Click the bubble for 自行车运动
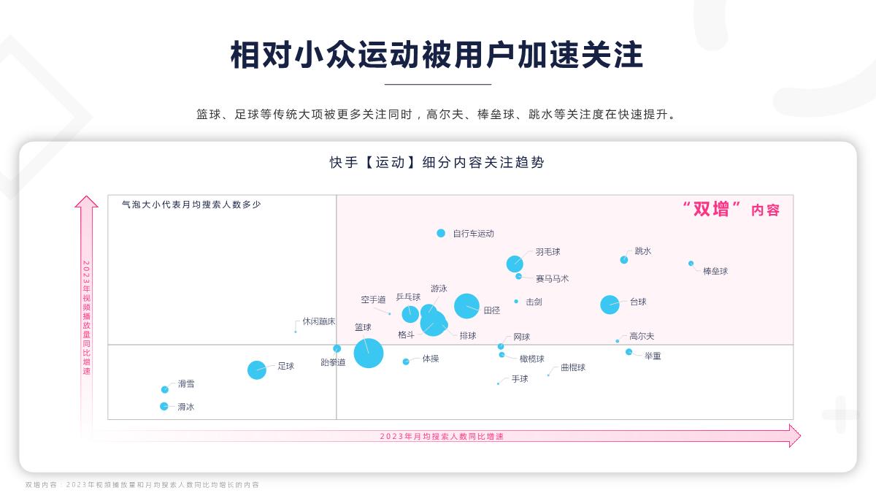click(x=441, y=233)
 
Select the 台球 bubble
click(x=610, y=305)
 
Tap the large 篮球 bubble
click(x=369, y=353)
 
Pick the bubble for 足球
click(x=257, y=370)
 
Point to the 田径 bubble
click(x=467, y=306)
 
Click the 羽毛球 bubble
click(x=515, y=264)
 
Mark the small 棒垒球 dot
click(x=691, y=263)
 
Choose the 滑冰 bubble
click(x=164, y=406)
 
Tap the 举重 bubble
click(x=629, y=352)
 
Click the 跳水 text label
click(x=643, y=251)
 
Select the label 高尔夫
click(x=642, y=337)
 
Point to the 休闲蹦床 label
click(x=319, y=321)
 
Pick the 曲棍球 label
click(x=573, y=367)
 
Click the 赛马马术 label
click(x=552, y=278)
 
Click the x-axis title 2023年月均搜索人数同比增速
click(x=442, y=436)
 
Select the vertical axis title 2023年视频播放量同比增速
click(x=86, y=317)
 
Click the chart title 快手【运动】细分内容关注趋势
click(x=437, y=163)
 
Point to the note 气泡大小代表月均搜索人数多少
click(x=191, y=205)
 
